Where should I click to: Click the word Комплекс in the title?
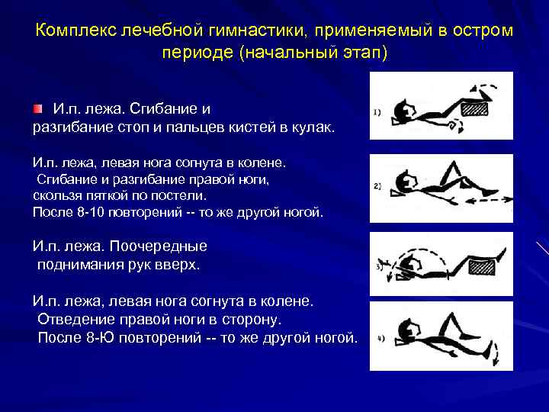pos(72,31)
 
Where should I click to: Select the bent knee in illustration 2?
pos(455,166)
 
